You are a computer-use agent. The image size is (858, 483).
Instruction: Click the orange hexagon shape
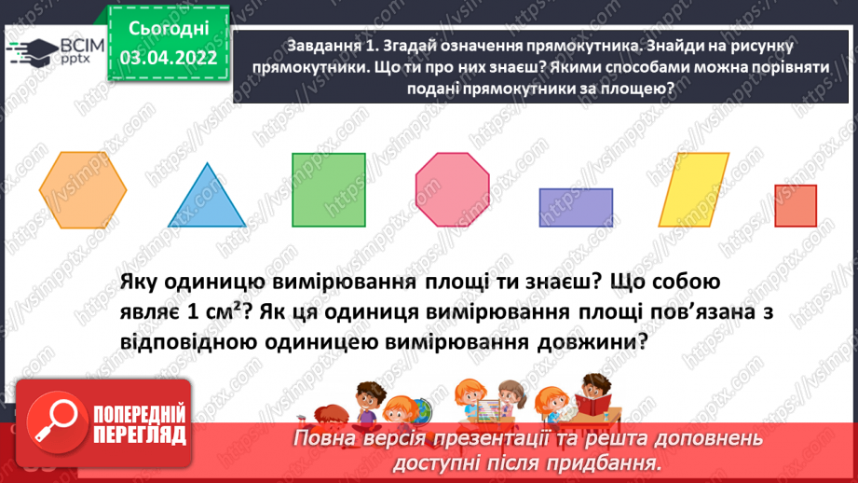coord(83,188)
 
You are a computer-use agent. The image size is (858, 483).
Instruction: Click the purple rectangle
coord(576,207)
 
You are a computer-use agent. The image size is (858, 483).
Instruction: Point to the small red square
coord(796,206)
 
